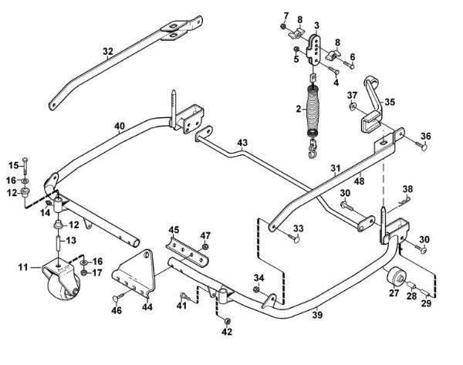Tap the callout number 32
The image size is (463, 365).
pos(108,52)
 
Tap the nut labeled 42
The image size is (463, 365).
pos(226,319)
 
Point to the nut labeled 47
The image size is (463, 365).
pos(204,248)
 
